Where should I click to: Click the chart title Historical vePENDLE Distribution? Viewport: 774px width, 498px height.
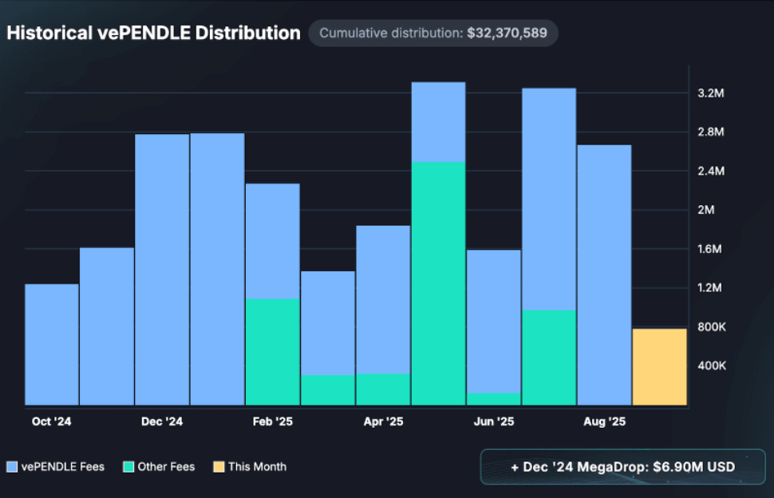click(x=153, y=33)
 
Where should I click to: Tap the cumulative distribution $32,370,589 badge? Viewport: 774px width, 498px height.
click(x=433, y=33)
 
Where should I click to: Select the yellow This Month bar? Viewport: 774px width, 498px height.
click(x=659, y=366)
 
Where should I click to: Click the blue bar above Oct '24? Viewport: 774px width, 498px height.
click(x=52, y=344)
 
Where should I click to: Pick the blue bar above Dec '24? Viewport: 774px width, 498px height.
click(x=162, y=269)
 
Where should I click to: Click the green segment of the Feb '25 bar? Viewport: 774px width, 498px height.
click(x=273, y=351)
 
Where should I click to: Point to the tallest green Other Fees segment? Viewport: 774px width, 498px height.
click(x=438, y=283)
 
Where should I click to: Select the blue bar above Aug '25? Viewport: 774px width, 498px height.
click(x=604, y=275)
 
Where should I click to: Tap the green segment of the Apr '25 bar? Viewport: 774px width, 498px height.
click(x=383, y=389)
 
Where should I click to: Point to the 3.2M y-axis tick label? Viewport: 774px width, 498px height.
click(x=710, y=93)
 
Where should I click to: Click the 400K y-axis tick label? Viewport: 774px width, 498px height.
click(x=710, y=366)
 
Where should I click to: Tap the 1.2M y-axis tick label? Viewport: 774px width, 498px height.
click(x=710, y=288)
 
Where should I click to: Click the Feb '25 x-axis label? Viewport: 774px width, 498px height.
click(x=273, y=421)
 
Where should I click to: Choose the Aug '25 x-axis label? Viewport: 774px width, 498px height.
click(x=604, y=421)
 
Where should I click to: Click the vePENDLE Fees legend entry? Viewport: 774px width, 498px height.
click(x=56, y=466)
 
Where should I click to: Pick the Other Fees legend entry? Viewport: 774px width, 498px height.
click(x=159, y=466)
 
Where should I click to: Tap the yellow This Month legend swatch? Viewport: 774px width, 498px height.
click(x=219, y=466)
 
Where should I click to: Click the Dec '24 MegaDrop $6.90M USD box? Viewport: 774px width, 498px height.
click(x=622, y=467)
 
